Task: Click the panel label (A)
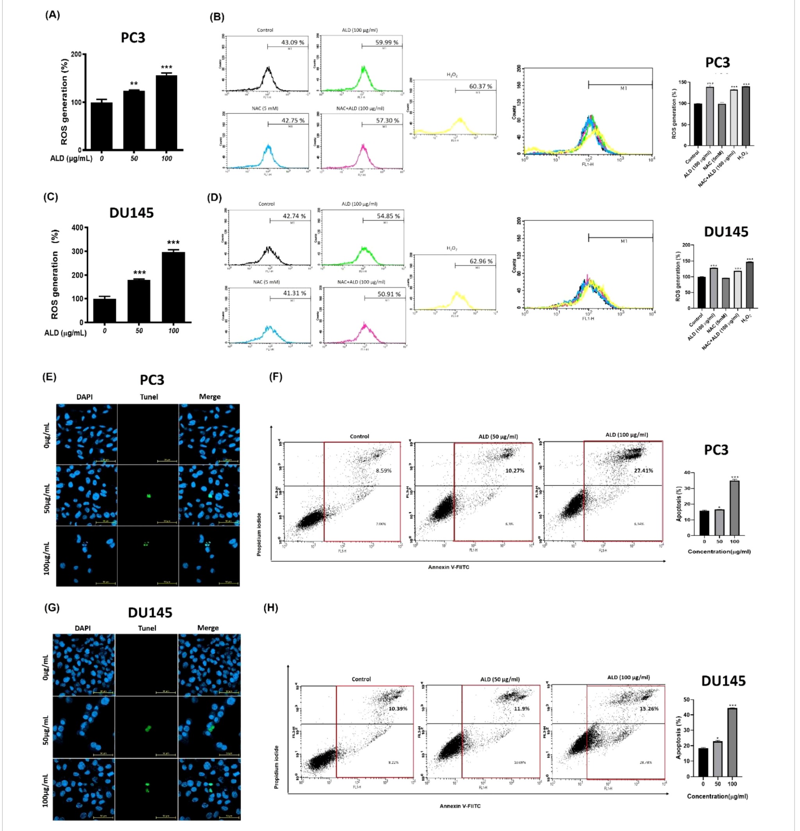click(x=53, y=15)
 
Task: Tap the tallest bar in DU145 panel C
click(x=173, y=287)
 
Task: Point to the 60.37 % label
click(x=481, y=86)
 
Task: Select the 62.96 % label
click(x=481, y=261)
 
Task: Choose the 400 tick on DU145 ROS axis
click(x=78, y=228)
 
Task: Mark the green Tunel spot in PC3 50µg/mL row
click(x=149, y=495)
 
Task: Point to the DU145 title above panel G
click(x=150, y=612)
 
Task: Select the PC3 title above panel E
click(x=152, y=379)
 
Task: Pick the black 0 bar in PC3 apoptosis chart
click(x=704, y=523)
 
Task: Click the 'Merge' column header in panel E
click(x=210, y=397)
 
